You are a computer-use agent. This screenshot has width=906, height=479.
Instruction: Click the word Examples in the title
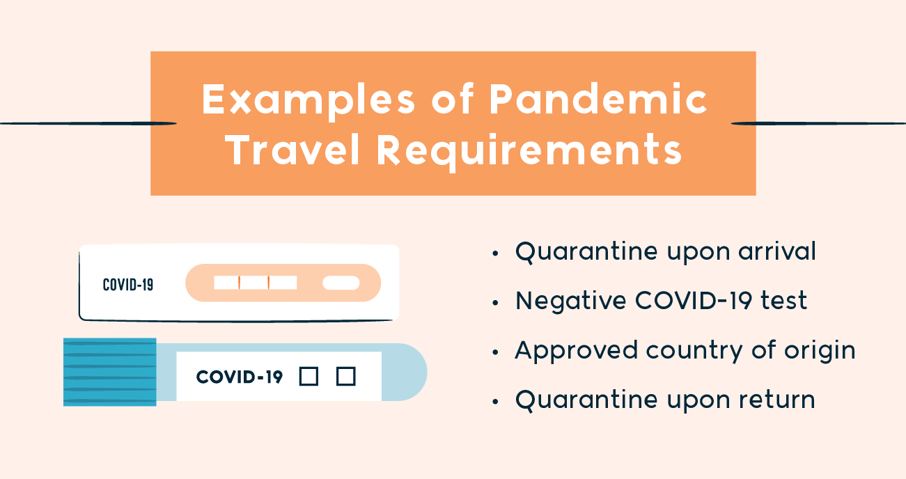pyautogui.click(x=308, y=100)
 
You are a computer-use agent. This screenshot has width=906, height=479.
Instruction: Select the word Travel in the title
pyautogui.click(x=292, y=150)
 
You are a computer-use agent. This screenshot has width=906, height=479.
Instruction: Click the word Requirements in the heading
pyautogui.click(x=529, y=152)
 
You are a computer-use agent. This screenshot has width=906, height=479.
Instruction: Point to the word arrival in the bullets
pyautogui.click(x=777, y=251)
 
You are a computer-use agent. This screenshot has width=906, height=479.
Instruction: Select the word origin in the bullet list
pyautogui.click(x=820, y=351)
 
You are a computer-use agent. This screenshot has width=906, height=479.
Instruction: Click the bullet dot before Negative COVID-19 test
pyautogui.click(x=495, y=303)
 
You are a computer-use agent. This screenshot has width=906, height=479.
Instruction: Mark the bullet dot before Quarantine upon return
pyautogui.click(x=495, y=402)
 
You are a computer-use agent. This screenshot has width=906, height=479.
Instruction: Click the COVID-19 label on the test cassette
pyautogui.click(x=128, y=285)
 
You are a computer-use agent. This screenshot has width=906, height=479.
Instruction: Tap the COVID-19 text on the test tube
pyautogui.click(x=239, y=377)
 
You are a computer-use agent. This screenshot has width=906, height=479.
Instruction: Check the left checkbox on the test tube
pyautogui.click(x=308, y=377)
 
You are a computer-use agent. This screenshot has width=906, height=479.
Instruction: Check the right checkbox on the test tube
pyautogui.click(x=346, y=377)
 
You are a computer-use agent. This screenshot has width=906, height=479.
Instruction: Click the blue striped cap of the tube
pyautogui.click(x=110, y=372)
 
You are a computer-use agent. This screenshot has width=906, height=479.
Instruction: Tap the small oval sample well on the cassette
pyautogui.click(x=341, y=283)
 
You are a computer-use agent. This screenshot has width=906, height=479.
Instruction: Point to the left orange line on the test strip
pyautogui.click(x=239, y=283)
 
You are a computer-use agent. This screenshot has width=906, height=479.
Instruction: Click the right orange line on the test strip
pyautogui.click(x=268, y=283)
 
